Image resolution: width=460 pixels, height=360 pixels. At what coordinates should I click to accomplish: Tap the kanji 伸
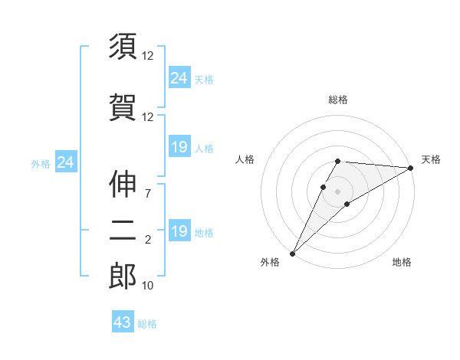click(x=123, y=185)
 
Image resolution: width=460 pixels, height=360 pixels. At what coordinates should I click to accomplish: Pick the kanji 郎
click(x=123, y=277)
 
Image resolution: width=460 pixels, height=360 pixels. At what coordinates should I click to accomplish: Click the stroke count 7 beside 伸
click(x=147, y=192)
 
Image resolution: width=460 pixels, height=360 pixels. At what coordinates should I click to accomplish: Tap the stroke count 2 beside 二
click(x=148, y=241)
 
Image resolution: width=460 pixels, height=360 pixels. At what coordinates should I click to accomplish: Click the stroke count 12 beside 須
click(x=148, y=56)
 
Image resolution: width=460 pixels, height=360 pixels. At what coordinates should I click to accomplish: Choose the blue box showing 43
click(x=123, y=322)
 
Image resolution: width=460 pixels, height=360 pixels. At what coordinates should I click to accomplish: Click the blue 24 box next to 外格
click(x=66, y=162)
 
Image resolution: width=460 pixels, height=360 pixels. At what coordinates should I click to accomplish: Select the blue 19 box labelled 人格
click(x=179, y=147)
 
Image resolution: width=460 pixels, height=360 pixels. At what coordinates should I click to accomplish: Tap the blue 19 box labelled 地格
click(x=179, y=231)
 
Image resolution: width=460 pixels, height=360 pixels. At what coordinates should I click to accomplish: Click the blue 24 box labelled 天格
click(x=179, y=78)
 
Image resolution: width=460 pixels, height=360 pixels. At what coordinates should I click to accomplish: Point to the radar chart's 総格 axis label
click(x=338, y=100)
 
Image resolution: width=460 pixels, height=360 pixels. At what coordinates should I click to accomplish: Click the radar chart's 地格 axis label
click(x=402, y=263)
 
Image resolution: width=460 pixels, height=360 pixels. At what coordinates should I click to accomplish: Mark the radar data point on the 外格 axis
click(x=292, y=253)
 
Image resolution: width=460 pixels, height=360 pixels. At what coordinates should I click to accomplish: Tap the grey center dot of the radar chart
click(x=337, y=191)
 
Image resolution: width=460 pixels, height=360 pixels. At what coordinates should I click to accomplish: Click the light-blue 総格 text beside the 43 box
click(x=147, y=324)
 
